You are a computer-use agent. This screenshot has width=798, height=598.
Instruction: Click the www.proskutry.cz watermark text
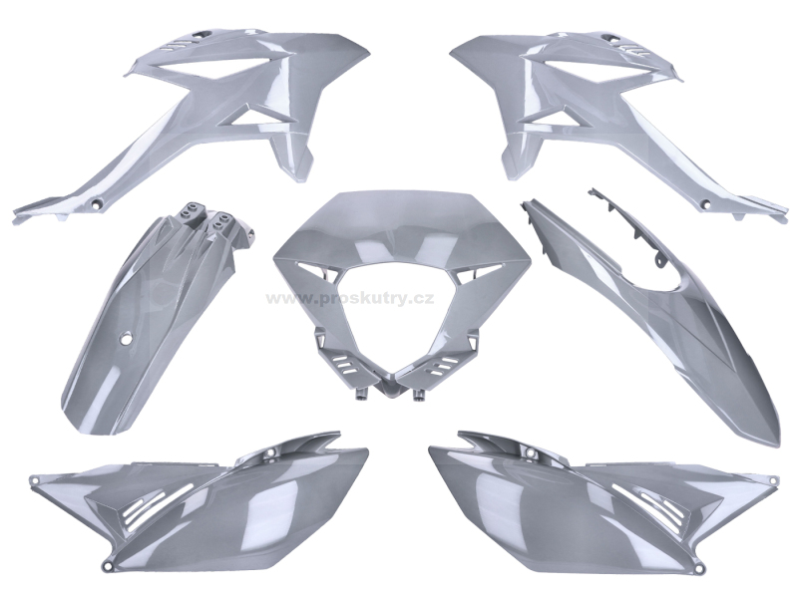[x=350, y=298]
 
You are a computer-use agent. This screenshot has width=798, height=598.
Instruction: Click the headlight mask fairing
[x=402, y=285]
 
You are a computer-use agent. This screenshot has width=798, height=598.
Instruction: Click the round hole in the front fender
[x=125, y=337]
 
